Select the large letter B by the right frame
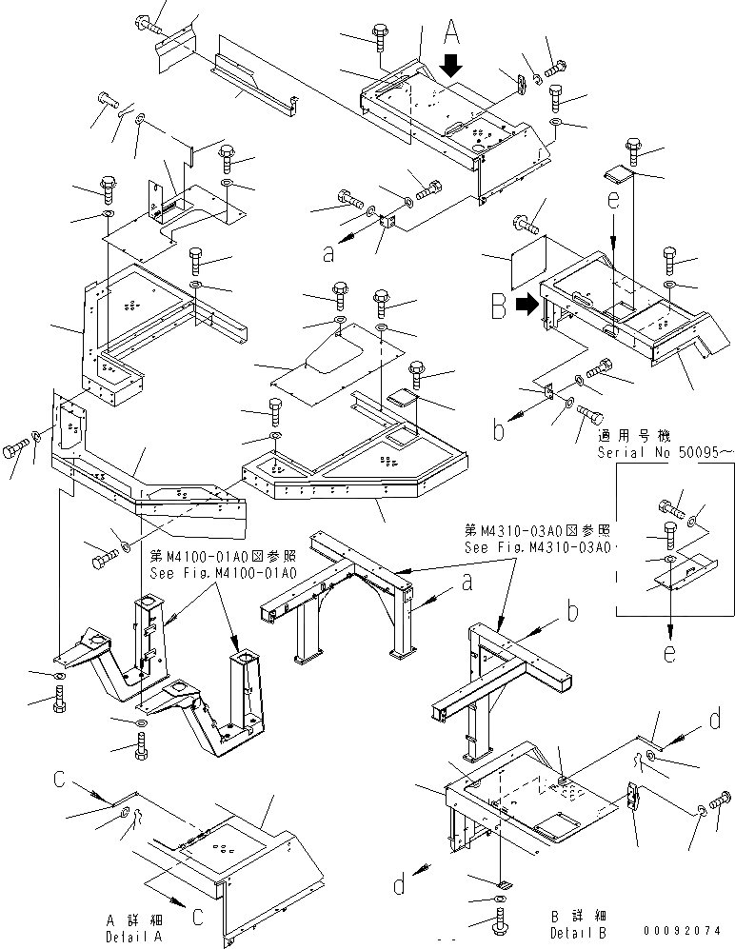point(499,306)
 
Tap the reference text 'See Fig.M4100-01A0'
point(224,573)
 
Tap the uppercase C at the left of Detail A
point(59,781)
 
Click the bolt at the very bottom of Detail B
point(502,923)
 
